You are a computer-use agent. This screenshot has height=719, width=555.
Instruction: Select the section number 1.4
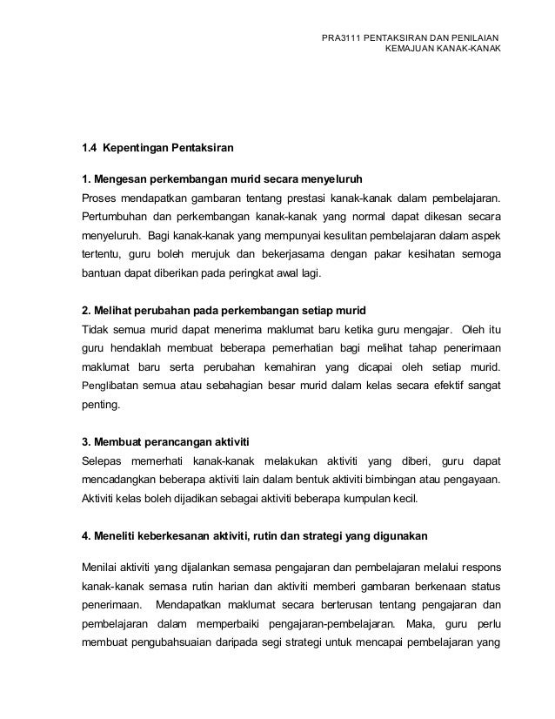tap(90, 145)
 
